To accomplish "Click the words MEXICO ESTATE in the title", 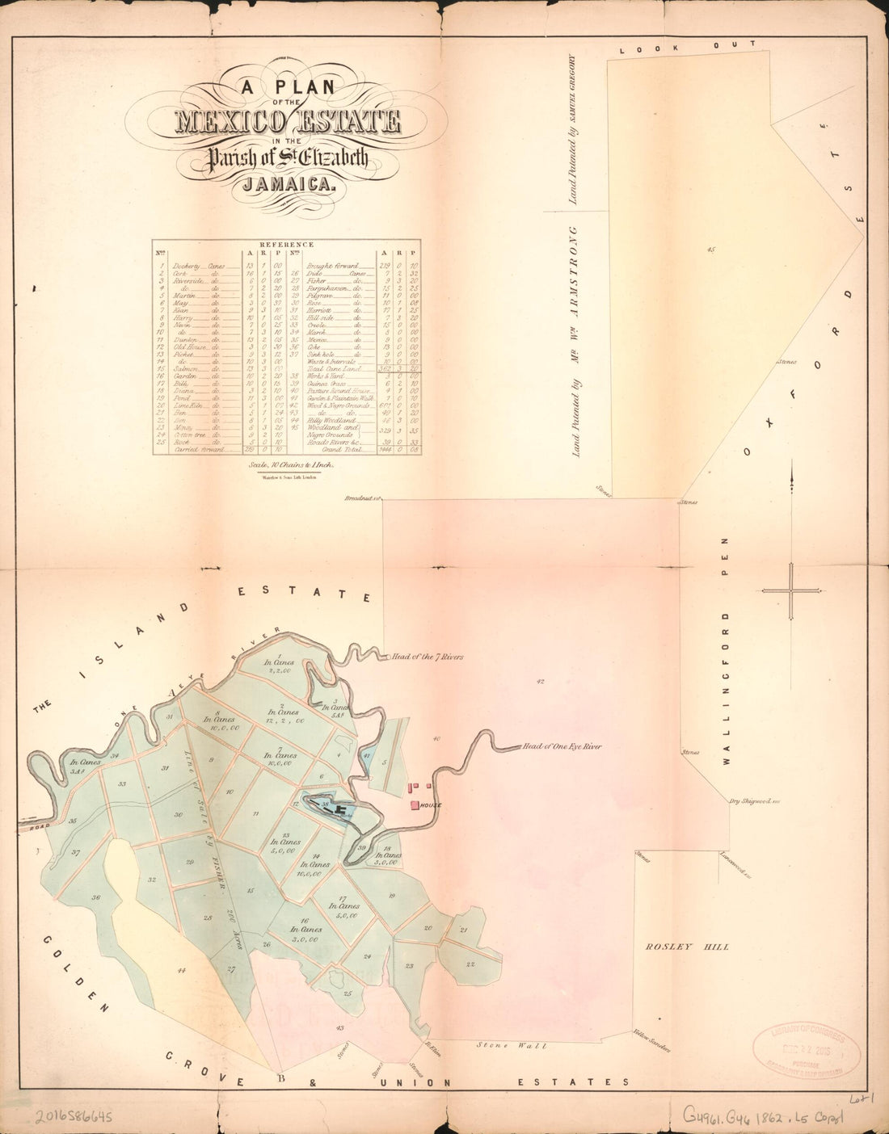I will pyautogui.click(x=288, y=122).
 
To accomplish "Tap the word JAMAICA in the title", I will pyautogui.click(x=287, y=183).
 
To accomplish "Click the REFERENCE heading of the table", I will pyautogui.click(x=286, y=244).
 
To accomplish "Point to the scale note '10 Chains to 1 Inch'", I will pyautogui.click(x=287, y=465).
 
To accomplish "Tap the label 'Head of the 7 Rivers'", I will pyautogui.click(x=428, y=657).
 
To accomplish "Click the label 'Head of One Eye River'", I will pyautogui.click(x=562, y=746).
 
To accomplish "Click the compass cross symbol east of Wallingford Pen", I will pyautogui.click(x=792, y=590).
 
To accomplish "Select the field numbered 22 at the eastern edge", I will pyautogui.click(x=470, y=964).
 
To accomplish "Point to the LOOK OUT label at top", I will pyautogui.click(x=688, y=47).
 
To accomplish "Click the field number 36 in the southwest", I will pyautogui.click(x=95, y=897).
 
